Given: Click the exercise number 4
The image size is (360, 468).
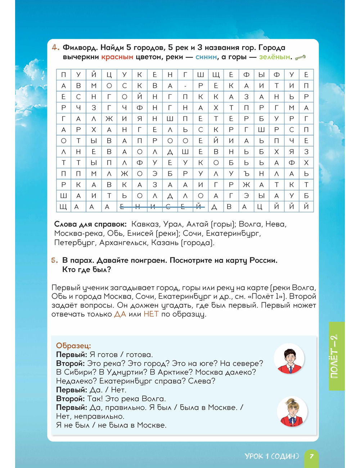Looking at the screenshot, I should (x=55, y=48).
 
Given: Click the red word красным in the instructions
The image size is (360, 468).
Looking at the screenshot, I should (x=117, y=57).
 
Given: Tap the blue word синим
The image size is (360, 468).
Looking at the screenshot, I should (x=206, y=57).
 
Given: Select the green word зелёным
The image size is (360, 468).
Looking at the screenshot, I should (x=275, y=57).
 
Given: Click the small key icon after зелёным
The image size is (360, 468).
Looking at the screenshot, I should (x=300, y=57).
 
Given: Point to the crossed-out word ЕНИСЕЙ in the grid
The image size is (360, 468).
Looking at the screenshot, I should (x=162, y=207).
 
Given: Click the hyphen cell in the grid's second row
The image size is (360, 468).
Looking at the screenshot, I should (x=185, y=86).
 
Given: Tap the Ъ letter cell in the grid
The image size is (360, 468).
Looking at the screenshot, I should (x=246, y=174).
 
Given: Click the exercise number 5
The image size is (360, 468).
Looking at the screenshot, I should (x=54, y=260).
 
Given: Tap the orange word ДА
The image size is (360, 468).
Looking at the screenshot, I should (x=120, y=314).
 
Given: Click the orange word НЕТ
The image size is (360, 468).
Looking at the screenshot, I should (x=151, y=314).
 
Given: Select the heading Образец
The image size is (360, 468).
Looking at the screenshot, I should (x=73, y=346).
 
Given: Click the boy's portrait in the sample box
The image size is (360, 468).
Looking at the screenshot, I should (x=289, y=359).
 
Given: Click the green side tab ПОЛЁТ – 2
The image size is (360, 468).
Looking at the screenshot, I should (x=337, y=356).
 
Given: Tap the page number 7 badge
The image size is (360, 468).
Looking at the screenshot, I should (x=312, y=456).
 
